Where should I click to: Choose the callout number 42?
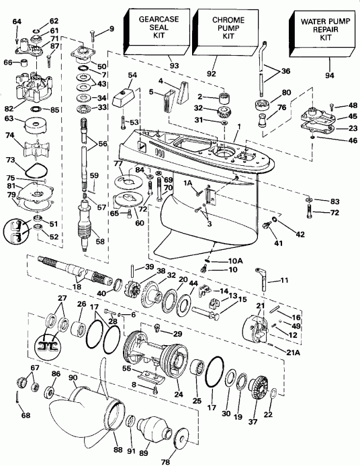(x=300, y=234)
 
